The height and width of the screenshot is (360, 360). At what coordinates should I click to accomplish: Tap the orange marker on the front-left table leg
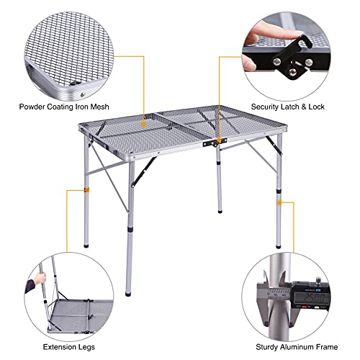(86, 190)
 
